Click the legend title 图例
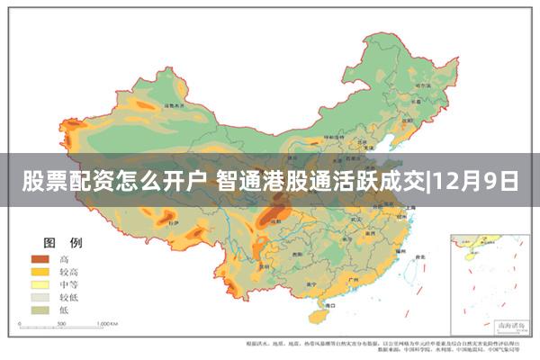click(58, 243)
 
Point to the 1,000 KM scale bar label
click(108, 322)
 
